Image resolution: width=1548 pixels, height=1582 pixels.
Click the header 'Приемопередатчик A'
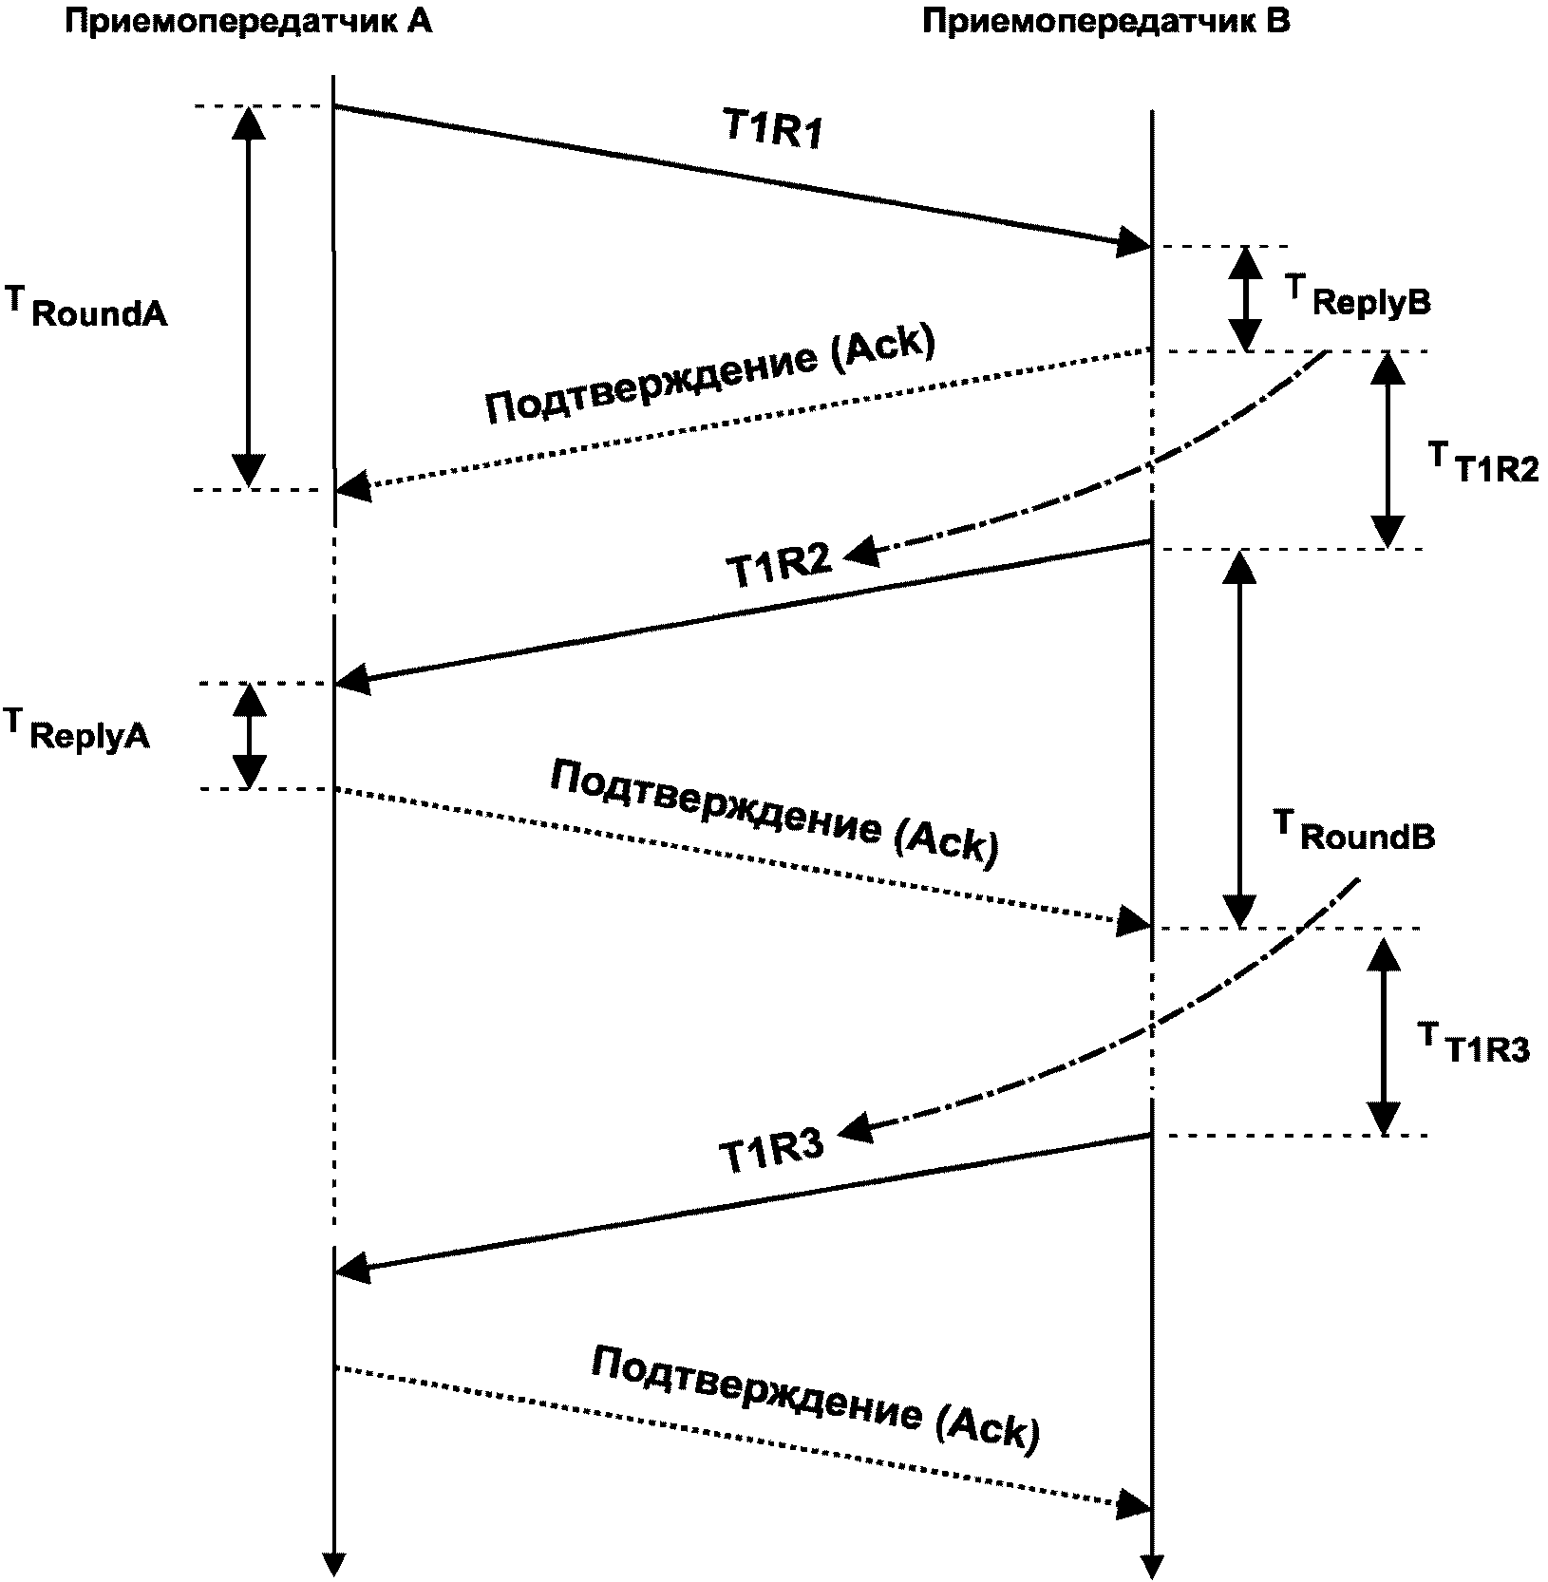click(x=249, y=22)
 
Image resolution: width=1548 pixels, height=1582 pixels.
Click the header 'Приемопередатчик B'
click(x=1106, y=22)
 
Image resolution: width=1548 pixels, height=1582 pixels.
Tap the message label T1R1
click(x=773, y=132)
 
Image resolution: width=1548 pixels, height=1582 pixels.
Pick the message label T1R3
click(x=770, y=1152)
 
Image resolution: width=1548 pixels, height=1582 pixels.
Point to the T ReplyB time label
click(x=1357, y=295)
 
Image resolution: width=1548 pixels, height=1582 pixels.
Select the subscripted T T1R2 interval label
click(x=1483, y=462)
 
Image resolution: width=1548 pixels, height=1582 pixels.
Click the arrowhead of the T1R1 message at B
click(x=1134, y=241)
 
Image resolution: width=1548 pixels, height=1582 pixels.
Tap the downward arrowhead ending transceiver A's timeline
click(x=333, y=1563)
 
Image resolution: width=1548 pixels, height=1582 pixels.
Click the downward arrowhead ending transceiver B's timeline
click(x=1151, y=1565)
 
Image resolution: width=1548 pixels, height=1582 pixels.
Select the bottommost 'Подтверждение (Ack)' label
click(x=815, y=1399)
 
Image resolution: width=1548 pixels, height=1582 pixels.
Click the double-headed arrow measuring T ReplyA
click(x=250, y=736)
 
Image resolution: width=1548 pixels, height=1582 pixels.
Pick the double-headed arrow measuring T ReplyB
click(x=1245, y=299)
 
